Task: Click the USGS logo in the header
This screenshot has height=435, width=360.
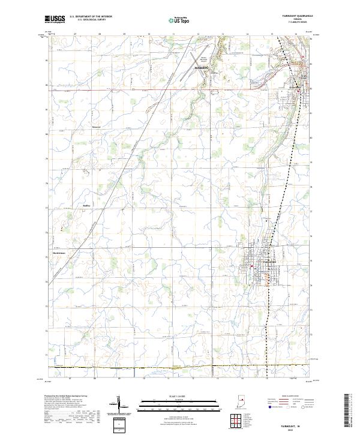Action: pyautogui.click(x=55, y=20)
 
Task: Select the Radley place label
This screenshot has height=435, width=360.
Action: pyautogui.click(x=86, y=204)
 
